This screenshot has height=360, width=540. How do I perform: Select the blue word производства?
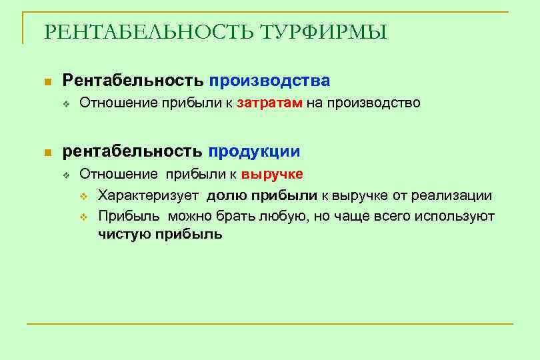(269, 81)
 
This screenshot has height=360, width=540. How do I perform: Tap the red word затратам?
(270, 103)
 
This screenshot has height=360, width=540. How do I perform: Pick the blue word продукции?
(254, 151)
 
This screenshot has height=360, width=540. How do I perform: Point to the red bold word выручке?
(272, 175)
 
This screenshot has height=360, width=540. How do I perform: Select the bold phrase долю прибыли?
(262, 195)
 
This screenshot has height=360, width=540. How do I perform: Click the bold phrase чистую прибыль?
(160, 234)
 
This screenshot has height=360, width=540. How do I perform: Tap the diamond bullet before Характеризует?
(84, 196)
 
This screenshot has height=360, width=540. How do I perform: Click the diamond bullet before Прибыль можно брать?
(84, 216)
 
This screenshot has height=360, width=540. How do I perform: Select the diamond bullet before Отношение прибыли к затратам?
(66, 104)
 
